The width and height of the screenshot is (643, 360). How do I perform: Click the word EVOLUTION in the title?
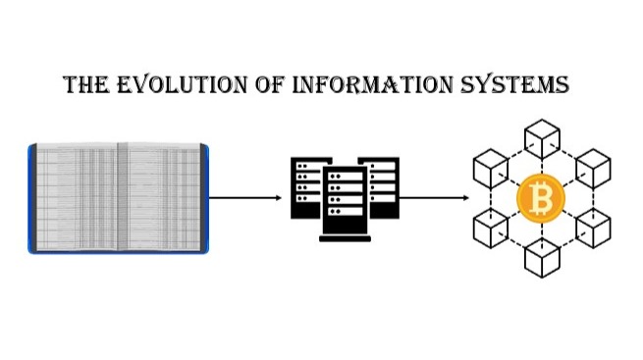(168, 86)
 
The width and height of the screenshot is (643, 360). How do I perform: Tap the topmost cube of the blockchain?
(541, 137)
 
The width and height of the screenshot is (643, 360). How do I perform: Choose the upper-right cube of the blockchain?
(594, 168)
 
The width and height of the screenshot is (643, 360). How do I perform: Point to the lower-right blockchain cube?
(594, 230)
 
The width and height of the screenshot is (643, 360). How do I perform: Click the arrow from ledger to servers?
(245, 197)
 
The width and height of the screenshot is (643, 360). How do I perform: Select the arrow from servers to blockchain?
(433, 197)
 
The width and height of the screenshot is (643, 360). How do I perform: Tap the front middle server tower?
(345, 203)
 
